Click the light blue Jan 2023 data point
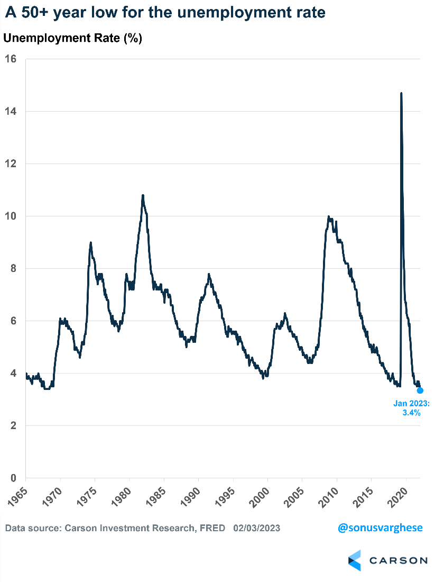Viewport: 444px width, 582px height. (420, 390)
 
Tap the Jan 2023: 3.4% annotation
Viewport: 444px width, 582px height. (412, 408)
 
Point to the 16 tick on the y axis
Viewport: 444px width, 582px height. (11, 59)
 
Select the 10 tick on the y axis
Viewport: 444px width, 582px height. (11, 216)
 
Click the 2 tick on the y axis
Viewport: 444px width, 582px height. (13, 425)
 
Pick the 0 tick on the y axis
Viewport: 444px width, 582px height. (13, 478)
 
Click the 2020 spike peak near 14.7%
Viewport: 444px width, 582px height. (401, 94)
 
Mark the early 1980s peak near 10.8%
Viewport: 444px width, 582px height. (143, 196)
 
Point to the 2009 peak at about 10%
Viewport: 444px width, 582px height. (329, 216)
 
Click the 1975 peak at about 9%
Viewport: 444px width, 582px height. (91, 243)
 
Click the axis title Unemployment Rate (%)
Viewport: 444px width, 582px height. (72, 38)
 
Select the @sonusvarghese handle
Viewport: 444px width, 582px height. (381, 528)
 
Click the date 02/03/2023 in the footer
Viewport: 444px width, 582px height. (257, 528)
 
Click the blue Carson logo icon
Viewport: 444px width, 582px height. (354, 560)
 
